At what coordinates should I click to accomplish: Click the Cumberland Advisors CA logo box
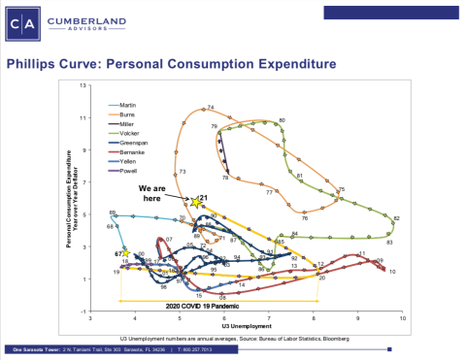[22, 23]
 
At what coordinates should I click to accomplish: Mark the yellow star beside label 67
[125, 252]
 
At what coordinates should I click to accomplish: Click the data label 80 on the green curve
[282, 119]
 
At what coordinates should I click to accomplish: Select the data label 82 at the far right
[396, 218]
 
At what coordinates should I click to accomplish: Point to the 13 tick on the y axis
[83, 85]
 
